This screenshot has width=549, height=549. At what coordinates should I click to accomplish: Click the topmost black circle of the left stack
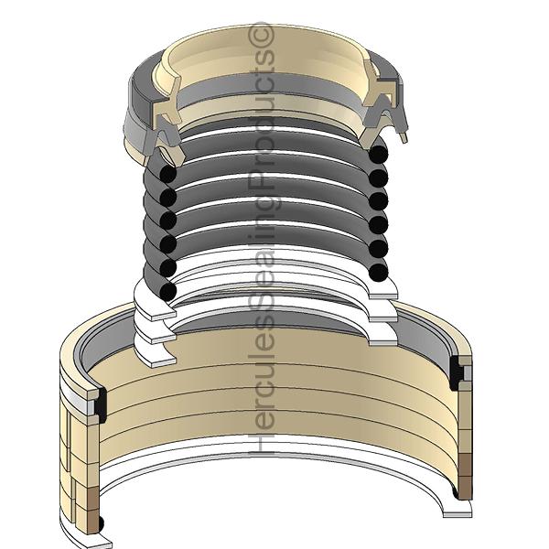(x=167, y=174)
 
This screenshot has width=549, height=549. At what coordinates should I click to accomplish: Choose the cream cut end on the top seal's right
(x=380, y=99)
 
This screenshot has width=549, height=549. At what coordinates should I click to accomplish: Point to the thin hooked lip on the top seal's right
(x=401, y=128)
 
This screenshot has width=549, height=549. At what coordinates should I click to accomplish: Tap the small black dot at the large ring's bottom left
(x=101, y=522)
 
